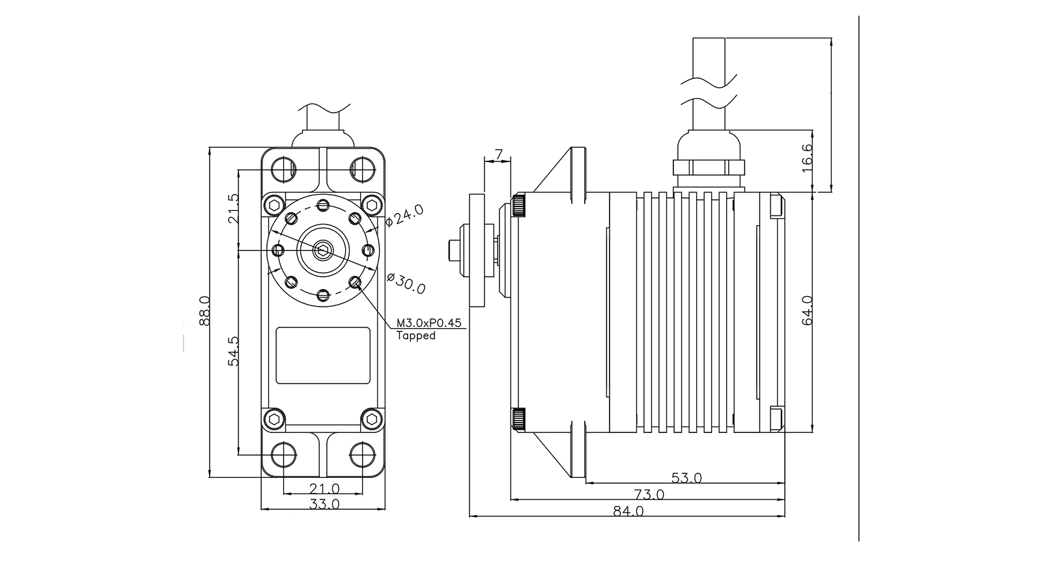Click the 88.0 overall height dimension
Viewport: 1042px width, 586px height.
click(204, 311)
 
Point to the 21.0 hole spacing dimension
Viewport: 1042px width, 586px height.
click(324, 488)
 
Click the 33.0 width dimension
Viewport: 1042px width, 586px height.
click(324, 504)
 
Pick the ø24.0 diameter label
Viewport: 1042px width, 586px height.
click(404, 215)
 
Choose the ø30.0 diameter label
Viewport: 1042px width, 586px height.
click(406, 283)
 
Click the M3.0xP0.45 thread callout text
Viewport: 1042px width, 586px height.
click(429, 323)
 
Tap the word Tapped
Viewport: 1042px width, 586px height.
click(415, 336)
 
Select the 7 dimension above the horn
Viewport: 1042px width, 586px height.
click(498, 154)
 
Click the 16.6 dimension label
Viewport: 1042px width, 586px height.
click(808, 158)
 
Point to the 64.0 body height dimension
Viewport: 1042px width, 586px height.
click(808, 311)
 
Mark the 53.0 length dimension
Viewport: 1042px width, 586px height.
click(686, 478)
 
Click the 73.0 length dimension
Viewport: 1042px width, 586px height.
click(649, 495)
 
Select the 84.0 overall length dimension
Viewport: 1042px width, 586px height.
click(628, 511)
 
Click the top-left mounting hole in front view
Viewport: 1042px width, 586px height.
click(283, 169)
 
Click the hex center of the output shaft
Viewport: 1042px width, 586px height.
click(323, 249)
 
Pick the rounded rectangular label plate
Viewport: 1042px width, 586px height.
click(323, 355)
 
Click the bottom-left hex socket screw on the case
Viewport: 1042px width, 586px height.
click(274, 418)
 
